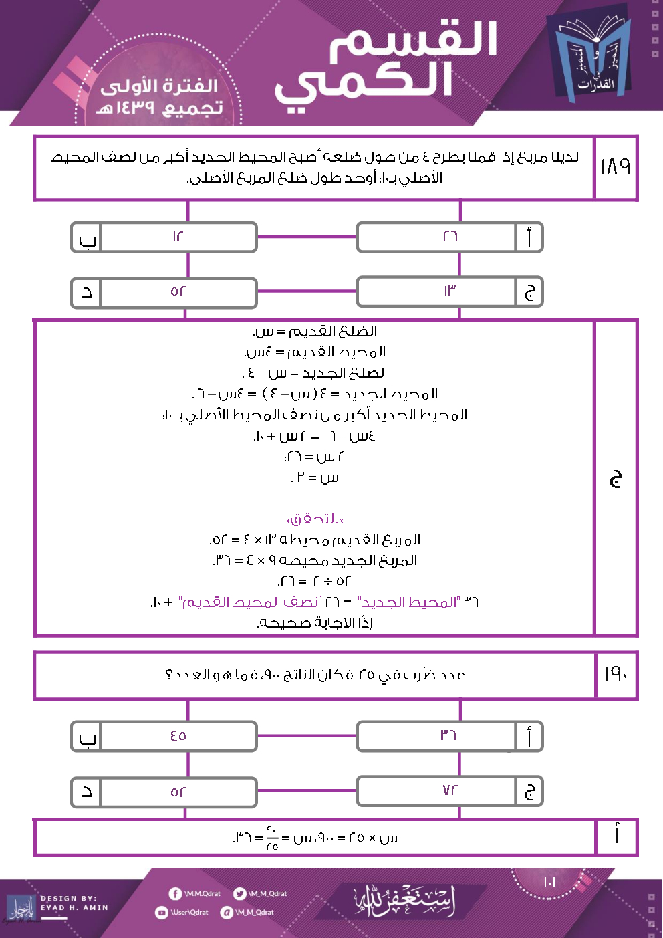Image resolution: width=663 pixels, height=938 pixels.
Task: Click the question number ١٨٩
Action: click(x=615, y=166)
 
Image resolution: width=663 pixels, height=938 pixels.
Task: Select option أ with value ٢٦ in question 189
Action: click(x=450, y=237)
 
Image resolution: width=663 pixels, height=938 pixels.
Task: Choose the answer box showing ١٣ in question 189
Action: click(x=450, y=291)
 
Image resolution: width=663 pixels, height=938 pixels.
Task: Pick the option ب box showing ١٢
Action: click(x=178, y=237)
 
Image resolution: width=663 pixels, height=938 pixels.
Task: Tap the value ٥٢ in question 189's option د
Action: click(x=178, y=292)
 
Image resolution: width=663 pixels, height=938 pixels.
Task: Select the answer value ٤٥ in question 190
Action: click(x=178, y=736)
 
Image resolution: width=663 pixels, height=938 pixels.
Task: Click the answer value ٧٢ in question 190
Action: click(x=450, y=790)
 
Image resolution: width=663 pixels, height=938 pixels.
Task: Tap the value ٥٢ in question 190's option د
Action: click(x=178, y=792)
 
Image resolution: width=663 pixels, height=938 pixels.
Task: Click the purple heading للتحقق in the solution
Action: click(x=315, y=519)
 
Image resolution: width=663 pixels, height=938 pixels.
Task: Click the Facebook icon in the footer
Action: click(x=175, y=894)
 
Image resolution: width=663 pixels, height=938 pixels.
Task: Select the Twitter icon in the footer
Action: click(x=239, y=894)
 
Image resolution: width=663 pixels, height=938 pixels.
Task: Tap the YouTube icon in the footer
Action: click(x=161, y=912)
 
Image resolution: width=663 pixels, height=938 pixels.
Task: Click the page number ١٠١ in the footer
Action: click(x=549, y=882)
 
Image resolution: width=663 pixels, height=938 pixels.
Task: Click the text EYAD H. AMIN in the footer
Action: click(x=74, y=907)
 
